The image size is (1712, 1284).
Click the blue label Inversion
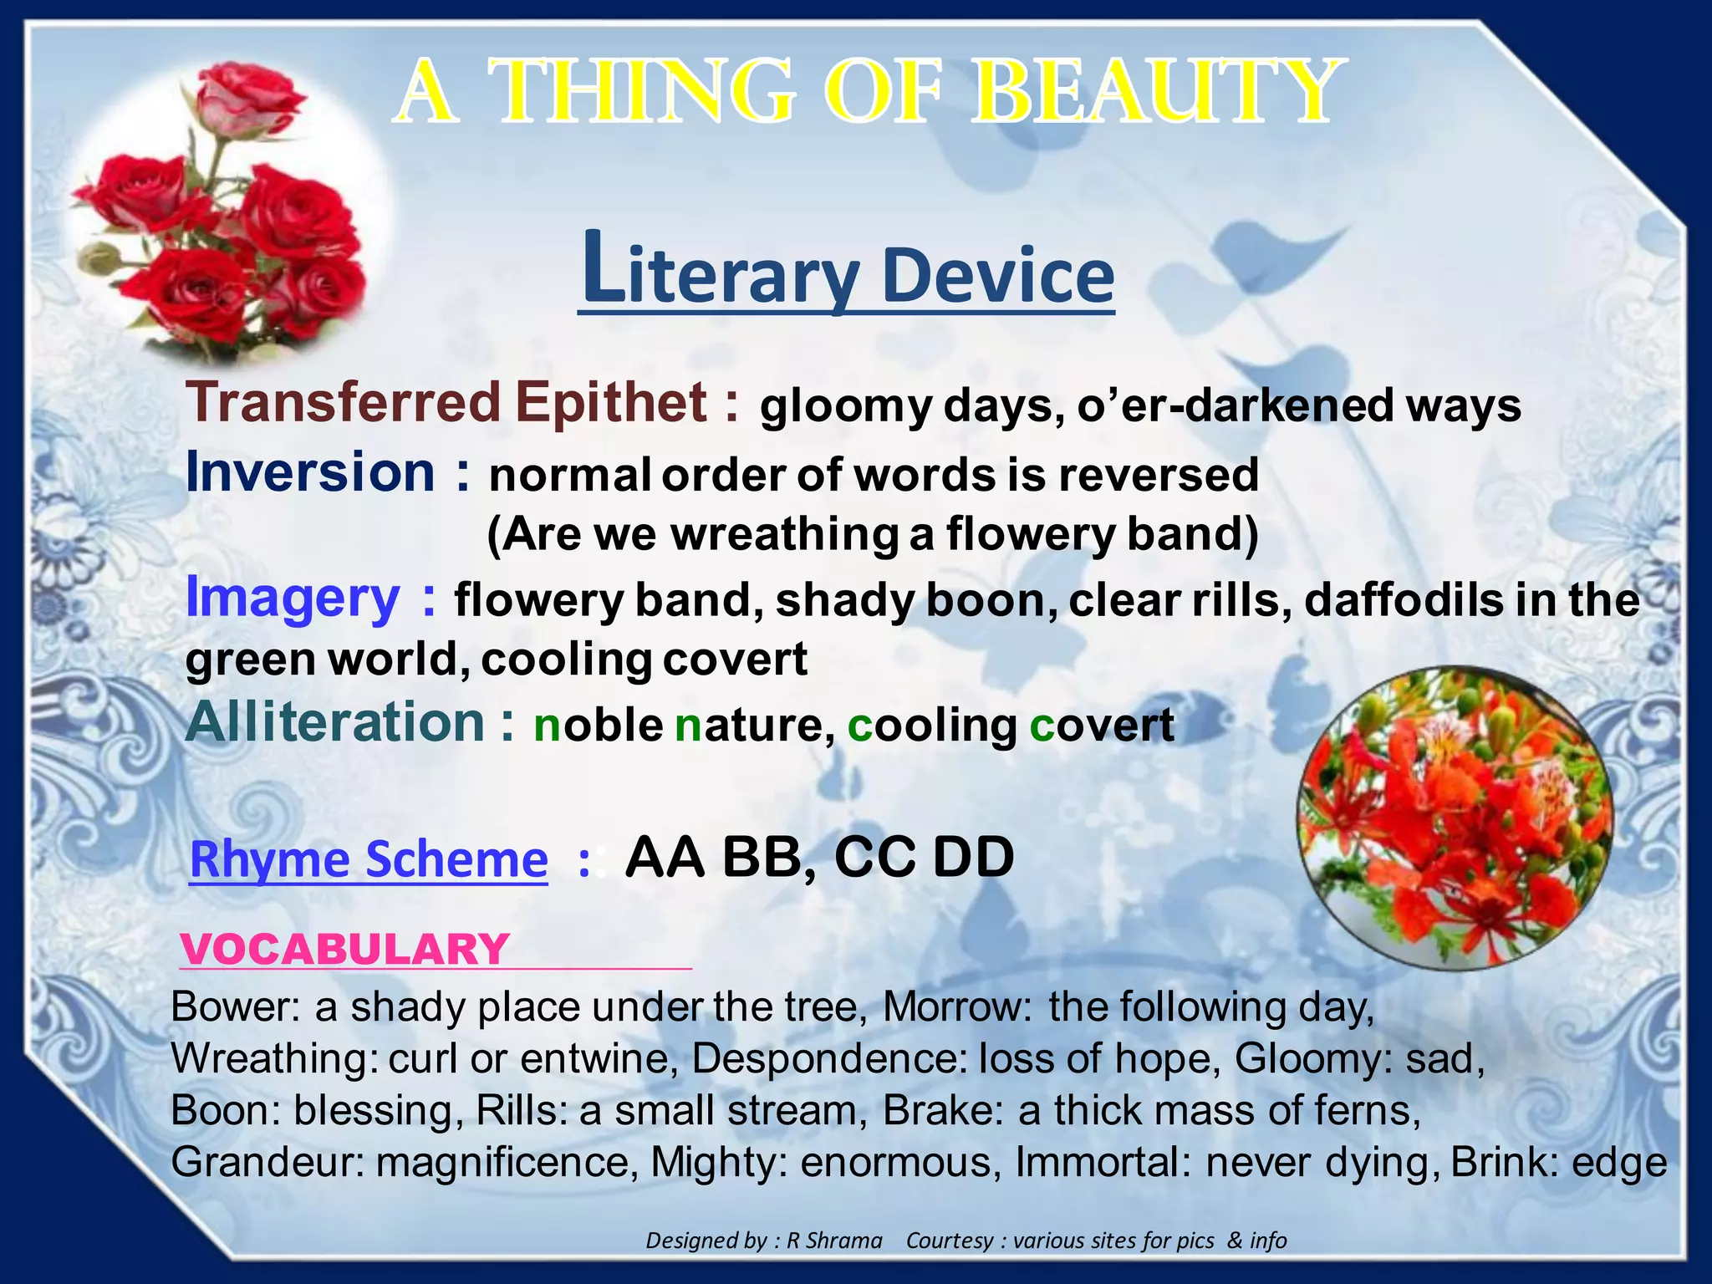pyautogui.click(x=311, y=472)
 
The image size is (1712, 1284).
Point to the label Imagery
pyautogui.click(x=293, y=598)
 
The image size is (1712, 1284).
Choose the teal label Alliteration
pyautogui.click(x=334, y=722)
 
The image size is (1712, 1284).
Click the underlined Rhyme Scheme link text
pyautogui.click(x=369, y=859)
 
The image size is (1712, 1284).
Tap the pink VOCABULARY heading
pyautogui.click(x=345, y=950)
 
